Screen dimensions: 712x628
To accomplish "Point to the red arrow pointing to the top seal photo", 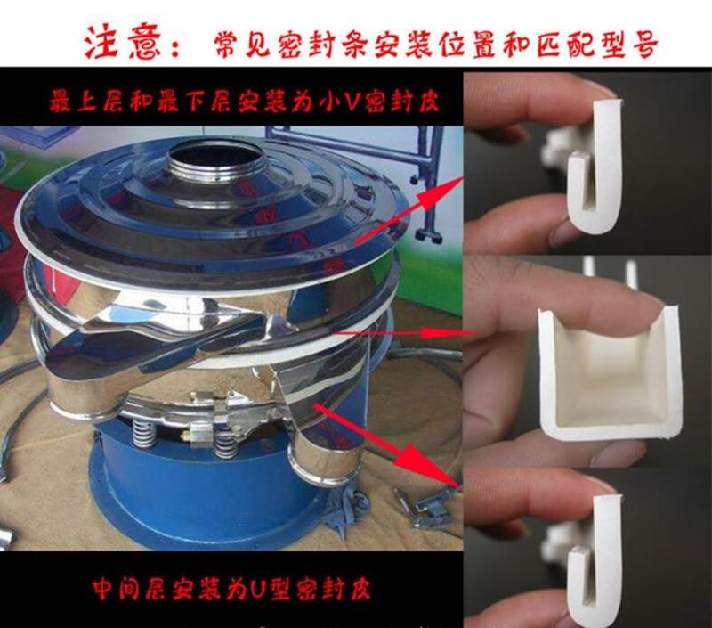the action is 409,210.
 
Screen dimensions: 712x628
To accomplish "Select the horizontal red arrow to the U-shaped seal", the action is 404,333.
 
